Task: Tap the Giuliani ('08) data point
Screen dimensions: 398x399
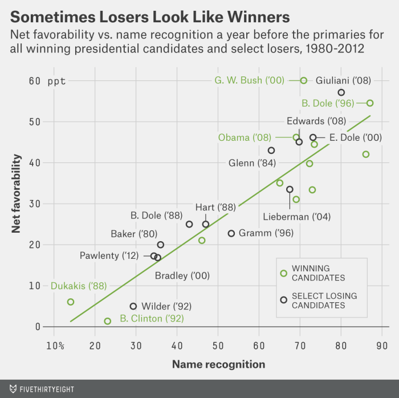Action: pos(341,92)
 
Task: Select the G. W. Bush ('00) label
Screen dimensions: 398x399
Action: pos(249,80)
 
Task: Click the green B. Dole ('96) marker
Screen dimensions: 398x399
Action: pos(370,103)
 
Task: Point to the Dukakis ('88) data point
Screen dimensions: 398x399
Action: pos(71,302)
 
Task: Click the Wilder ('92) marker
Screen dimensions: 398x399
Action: pos(133,306)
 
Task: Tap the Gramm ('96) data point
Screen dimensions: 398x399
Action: pos(231,233)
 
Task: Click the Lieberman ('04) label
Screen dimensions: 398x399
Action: pos(296,217)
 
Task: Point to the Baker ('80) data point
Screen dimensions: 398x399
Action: pos(161,245)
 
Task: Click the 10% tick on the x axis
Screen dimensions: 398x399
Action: pos(55,346)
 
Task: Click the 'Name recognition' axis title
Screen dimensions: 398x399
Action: pos(218,364)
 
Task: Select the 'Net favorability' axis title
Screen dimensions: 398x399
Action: pos(17,196)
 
